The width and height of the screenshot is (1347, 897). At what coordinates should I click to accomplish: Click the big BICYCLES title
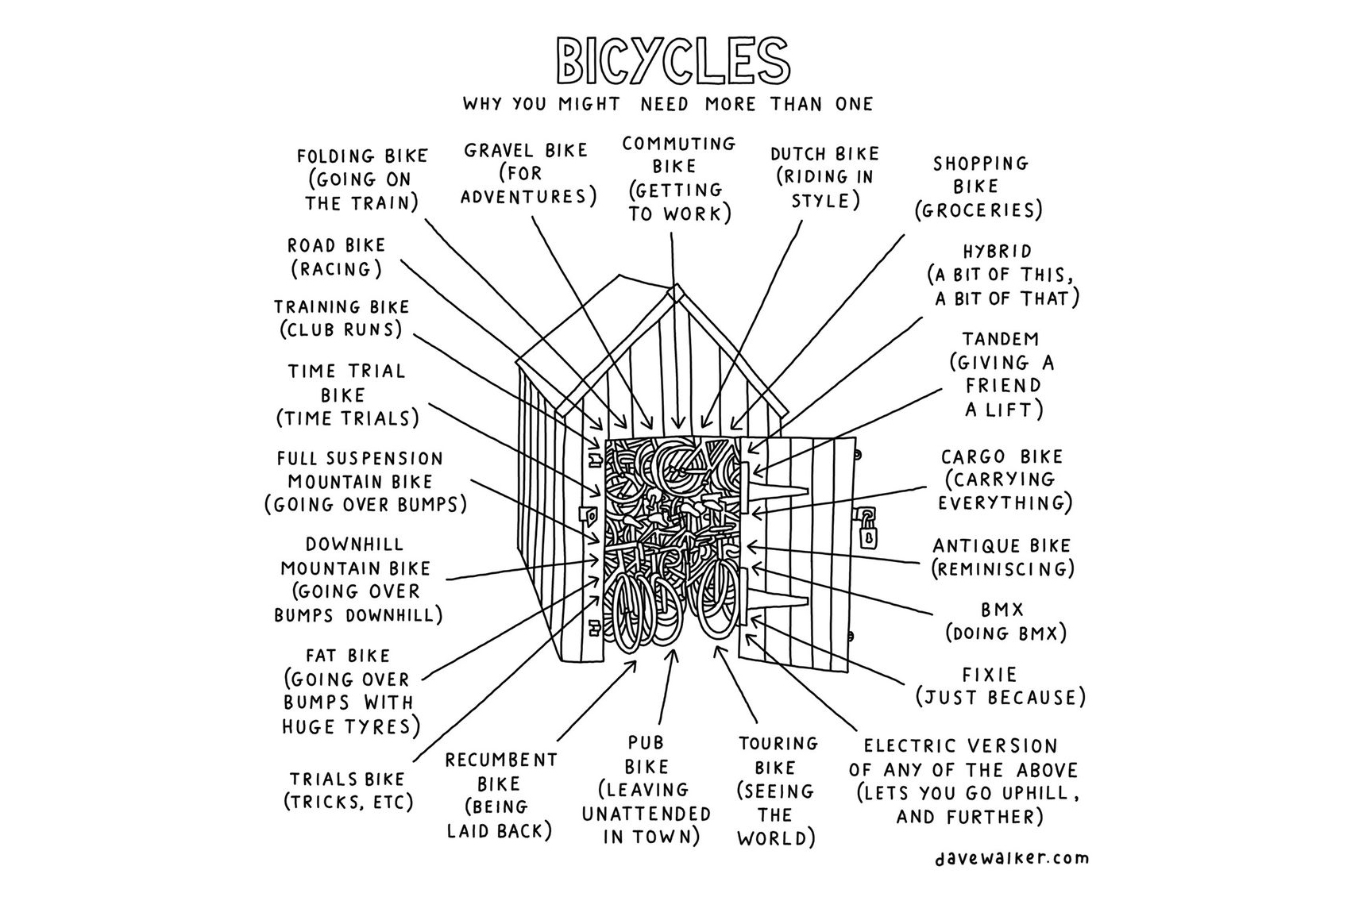tap(673, 60)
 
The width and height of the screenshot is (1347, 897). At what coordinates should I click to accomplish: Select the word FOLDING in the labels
tap(334, 156)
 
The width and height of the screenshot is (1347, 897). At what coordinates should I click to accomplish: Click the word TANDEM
tap(1000, 340)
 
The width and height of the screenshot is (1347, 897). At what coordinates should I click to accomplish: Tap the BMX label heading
tap(1002, 610)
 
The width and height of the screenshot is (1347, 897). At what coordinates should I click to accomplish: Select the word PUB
tap(645, 743)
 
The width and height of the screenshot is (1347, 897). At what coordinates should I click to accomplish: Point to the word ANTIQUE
tap(969, 546)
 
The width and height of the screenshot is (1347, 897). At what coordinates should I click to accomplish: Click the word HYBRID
tap(997, 252)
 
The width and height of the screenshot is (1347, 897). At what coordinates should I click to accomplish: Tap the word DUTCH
tap(798, 154)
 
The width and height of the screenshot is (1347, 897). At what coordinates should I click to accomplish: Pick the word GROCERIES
tap(978, 211)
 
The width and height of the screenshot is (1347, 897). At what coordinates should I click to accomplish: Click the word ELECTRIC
tap(909, 746)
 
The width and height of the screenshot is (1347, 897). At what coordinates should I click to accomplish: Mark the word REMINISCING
tap(1003, 569)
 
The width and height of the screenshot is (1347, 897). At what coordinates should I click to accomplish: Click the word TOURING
tap(778, 744)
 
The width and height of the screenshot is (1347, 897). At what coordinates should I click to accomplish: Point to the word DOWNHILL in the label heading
tap(354, 545)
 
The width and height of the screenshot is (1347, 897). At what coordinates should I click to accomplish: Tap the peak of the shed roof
tap(675, 288)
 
